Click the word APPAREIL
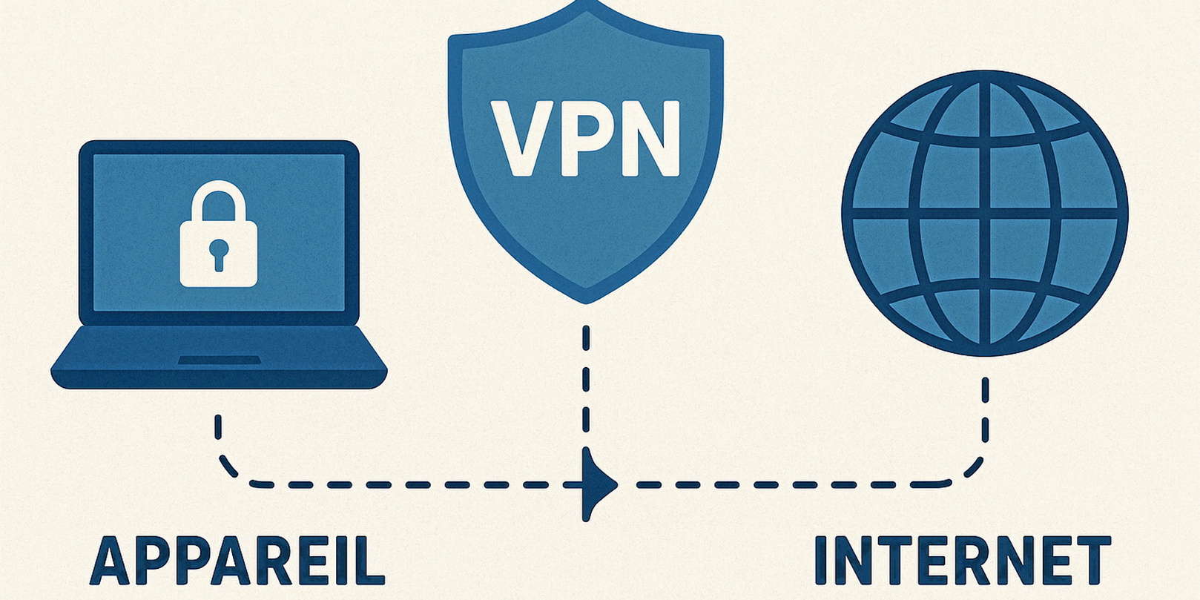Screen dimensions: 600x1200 [x=237, y=561]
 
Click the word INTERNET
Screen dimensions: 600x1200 [x=962, y=561]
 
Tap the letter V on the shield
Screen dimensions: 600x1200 [x=520, y=139]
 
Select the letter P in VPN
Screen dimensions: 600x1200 [x=585, y=139]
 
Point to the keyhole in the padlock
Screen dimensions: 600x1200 [x=218, y=253]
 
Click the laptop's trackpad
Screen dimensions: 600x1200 [x=219, y=360]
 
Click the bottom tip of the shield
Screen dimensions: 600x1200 [x=586, y=298]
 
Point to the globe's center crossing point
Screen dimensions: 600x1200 [x=984, y=214]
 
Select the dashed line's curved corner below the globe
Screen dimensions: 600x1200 [x=972, y=472]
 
